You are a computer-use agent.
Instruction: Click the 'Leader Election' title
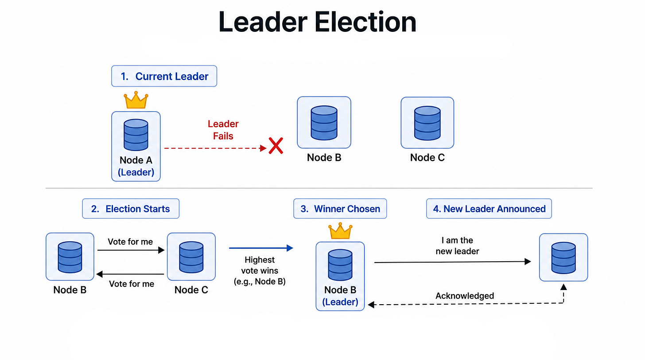click(x=317, y=22)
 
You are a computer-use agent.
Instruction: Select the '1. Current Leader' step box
click(x=164, y=76)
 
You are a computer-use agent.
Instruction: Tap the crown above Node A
click(x=136, y=100)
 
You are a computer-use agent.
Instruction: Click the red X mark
click(x=276, y=146)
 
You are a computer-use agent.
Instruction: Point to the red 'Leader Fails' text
click(x=223, y=130)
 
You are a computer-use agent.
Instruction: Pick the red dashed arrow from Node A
click(x=215, y=148)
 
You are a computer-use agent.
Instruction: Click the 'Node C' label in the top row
click(x=427, y=157)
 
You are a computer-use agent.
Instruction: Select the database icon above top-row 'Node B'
click(x=324, y=123)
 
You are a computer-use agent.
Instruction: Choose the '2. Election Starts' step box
click(x=131, y=209)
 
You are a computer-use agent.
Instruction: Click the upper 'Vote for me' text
click(x=130, y=241)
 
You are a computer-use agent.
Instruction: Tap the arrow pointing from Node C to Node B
click(x=130, y=274)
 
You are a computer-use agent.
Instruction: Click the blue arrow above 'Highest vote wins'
click(x=261, y=248)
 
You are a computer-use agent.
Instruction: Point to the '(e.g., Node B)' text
click(x=260, y=281)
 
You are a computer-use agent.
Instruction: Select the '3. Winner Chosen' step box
click(x=340, y=209)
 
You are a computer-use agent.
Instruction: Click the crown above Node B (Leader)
click(x=340, y=231)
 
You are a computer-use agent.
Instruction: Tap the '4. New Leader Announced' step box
click(x=489, y=209)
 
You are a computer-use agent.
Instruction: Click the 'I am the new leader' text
click(x=457, y=246)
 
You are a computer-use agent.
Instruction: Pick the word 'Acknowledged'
click(x=464, y=296)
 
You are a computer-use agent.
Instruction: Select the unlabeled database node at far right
click(x=563, y=257)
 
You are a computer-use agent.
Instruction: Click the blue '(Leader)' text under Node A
click(x=136, y=172)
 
